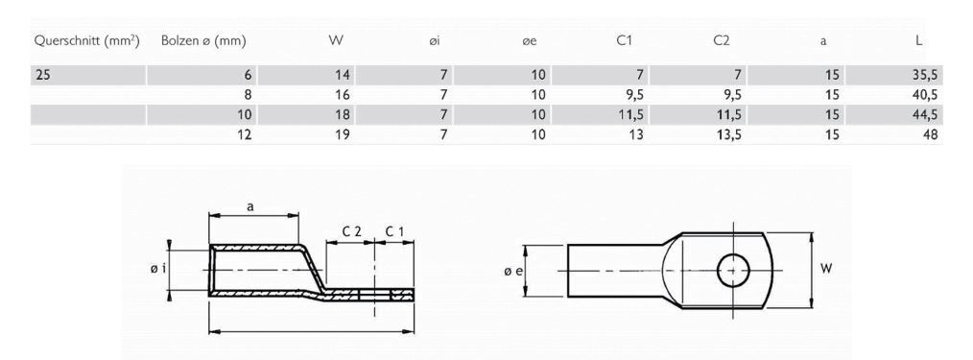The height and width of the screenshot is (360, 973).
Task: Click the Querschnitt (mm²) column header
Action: pyautogui.click(x=87, y=41)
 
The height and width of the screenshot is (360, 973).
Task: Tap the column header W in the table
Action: pyautogui.click(x=336, y=41)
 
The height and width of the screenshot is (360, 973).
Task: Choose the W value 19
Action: pyautogui.click(x=343, y=135)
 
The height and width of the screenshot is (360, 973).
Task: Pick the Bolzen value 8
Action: pyautogui.click(x=248, y=95)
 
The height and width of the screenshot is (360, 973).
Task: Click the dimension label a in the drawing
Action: pyautogui.click(x=251, y=206)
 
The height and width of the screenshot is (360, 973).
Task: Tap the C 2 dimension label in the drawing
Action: pyautogui.click(x=351, y=231)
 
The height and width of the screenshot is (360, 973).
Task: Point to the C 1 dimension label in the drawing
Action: pyautogui.click(x=394, y=231)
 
